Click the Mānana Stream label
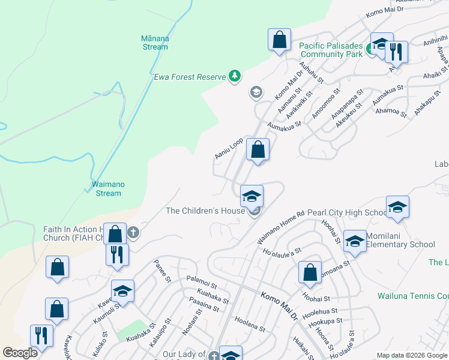coord(155,43)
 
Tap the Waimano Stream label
coord(108,189)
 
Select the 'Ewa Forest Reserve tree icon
coord(235,76)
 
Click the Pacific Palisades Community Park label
coord(331,50)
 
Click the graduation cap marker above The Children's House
coord(252,196)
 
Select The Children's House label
coord(205,211)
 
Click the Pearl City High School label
coord(348,213)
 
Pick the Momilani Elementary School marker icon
coord(355,242)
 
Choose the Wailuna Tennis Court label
coord(413,296)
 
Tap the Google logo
coord(20,353)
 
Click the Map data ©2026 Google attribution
coord(411,355)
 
